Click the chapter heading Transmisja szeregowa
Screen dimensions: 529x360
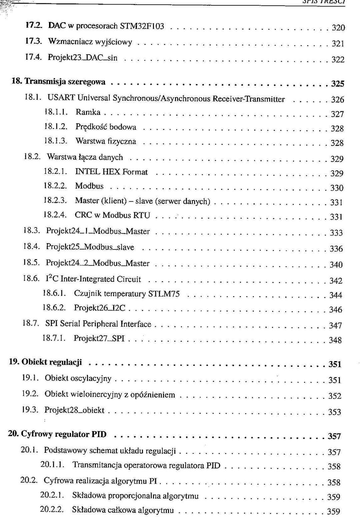click(65, 82)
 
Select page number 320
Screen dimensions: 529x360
click(338, 28)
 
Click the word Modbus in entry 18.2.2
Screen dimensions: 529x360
click(89, 186)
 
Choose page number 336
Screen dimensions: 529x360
click(336, 249)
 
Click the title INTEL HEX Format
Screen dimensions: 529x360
click(111, 172)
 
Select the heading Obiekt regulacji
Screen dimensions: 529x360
click(52, 362)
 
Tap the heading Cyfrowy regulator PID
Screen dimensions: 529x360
click(64, 434)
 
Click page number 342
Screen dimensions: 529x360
click(336, 281)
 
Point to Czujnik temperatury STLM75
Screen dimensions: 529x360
click(127, 294)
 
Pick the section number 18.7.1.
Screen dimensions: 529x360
click(54, 338)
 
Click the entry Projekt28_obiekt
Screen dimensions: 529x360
click(74, 410)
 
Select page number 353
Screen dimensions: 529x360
click(335, 412)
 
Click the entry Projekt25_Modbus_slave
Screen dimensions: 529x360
click(90, 247)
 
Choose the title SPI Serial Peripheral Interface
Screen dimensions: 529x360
click(98, 324)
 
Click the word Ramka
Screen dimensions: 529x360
click(88, 112)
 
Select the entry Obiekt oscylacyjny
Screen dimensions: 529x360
click(78, 378)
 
